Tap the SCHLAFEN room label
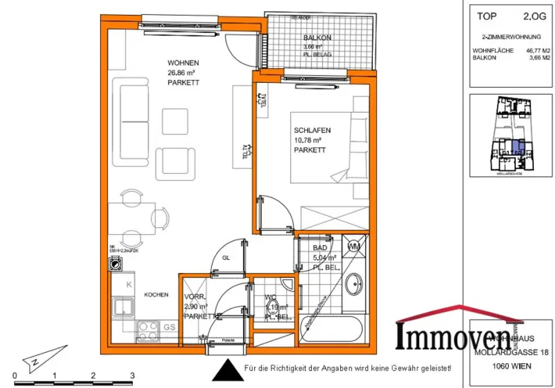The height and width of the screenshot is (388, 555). point(312,131)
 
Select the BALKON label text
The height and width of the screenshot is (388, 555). point(317,38)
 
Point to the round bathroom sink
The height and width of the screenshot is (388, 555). point(355,283)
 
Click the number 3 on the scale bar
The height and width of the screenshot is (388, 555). point(132,375)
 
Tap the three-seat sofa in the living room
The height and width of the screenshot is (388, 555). point(130,122)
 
